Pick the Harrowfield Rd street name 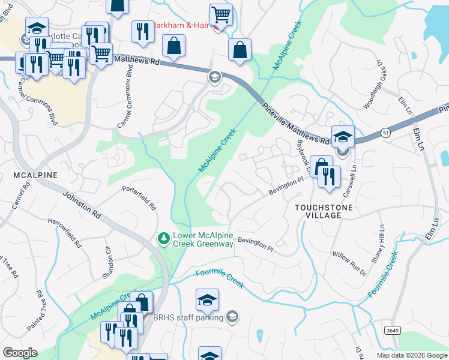pyautogui.click(x=65, y=233)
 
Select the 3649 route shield pyautogui.click(x=393, y=331)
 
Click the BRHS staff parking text pyautogui.click(x=188, y=317)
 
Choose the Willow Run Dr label pyautogui.click(x=349, y=263)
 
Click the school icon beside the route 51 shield pyautogui.click(x=343, y=136)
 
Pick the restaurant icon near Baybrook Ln pyautogui.click(x=329, y=176)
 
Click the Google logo pyautogui.click(x=20, y=353)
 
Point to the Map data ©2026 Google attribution pyautogui.click(x=411, y=355)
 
